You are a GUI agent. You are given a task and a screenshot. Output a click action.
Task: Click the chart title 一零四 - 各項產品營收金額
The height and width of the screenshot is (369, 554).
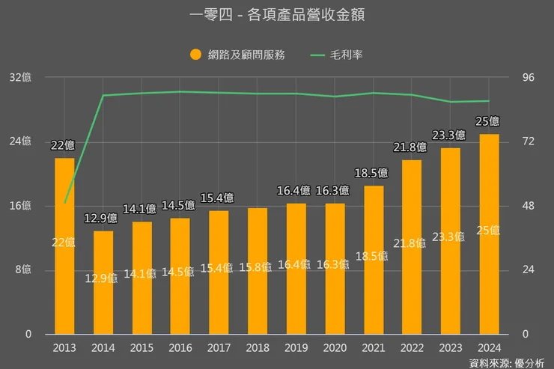point(277,15)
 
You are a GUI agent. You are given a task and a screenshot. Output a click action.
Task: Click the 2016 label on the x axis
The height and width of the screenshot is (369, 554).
point(180,348)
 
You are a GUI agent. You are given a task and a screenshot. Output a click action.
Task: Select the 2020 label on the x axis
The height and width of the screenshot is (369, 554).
point(335,348)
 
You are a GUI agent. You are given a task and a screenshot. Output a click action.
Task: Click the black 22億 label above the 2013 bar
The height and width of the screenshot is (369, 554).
point(63,145)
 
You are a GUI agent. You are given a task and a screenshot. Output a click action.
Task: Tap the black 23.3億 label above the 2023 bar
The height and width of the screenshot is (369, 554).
point(449,135)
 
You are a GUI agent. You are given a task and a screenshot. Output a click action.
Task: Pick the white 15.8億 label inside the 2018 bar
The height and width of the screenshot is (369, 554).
point(257,267)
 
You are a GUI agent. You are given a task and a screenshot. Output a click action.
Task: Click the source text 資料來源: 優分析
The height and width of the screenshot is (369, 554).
point(507,362)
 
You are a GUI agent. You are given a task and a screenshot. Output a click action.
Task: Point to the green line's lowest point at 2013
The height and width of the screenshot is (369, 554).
point(64,203)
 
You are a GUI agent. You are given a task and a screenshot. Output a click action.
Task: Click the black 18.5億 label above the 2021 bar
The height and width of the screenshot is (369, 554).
point(372,173)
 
